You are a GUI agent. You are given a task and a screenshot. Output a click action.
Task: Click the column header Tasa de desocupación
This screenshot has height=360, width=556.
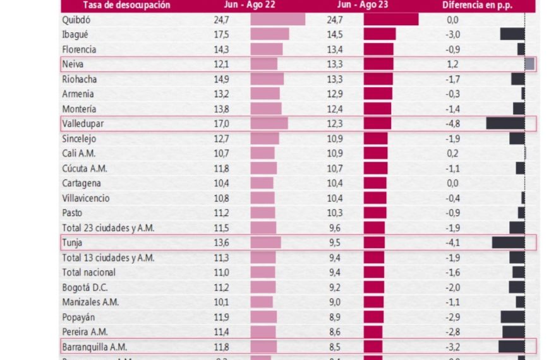118,5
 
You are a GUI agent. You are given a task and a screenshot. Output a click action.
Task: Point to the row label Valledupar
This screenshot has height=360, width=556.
83,123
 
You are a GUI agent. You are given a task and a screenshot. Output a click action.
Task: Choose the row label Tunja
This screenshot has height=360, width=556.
73,243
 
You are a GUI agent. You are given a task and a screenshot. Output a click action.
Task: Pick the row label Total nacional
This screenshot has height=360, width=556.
88,272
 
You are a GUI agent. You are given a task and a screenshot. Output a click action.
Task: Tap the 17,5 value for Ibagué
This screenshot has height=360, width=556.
221,34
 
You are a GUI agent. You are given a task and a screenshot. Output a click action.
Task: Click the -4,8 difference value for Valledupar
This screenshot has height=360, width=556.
452,123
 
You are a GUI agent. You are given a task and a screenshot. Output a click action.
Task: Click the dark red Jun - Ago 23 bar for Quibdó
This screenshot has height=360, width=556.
390,20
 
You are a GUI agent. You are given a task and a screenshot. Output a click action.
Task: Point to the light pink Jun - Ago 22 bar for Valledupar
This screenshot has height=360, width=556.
269,123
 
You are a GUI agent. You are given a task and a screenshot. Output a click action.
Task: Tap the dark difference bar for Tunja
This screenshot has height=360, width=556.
508,243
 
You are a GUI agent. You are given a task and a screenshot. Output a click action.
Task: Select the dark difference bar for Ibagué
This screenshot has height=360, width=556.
512,34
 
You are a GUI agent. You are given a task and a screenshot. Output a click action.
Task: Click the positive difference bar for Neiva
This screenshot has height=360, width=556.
529,64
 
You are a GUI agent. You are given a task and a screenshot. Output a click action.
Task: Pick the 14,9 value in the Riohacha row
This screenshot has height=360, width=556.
221,79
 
